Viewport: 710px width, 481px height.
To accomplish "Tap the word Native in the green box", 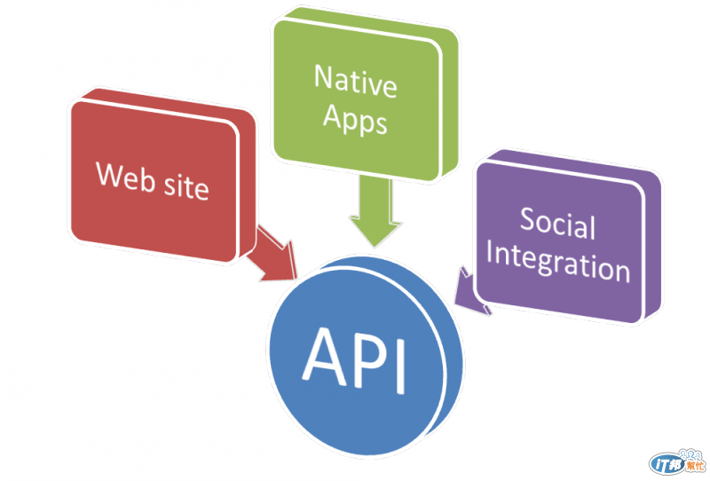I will tap(354, 83).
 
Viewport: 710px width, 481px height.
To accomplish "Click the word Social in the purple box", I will tap(557, 222).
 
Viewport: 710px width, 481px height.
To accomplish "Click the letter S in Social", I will tap(527, 218).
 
